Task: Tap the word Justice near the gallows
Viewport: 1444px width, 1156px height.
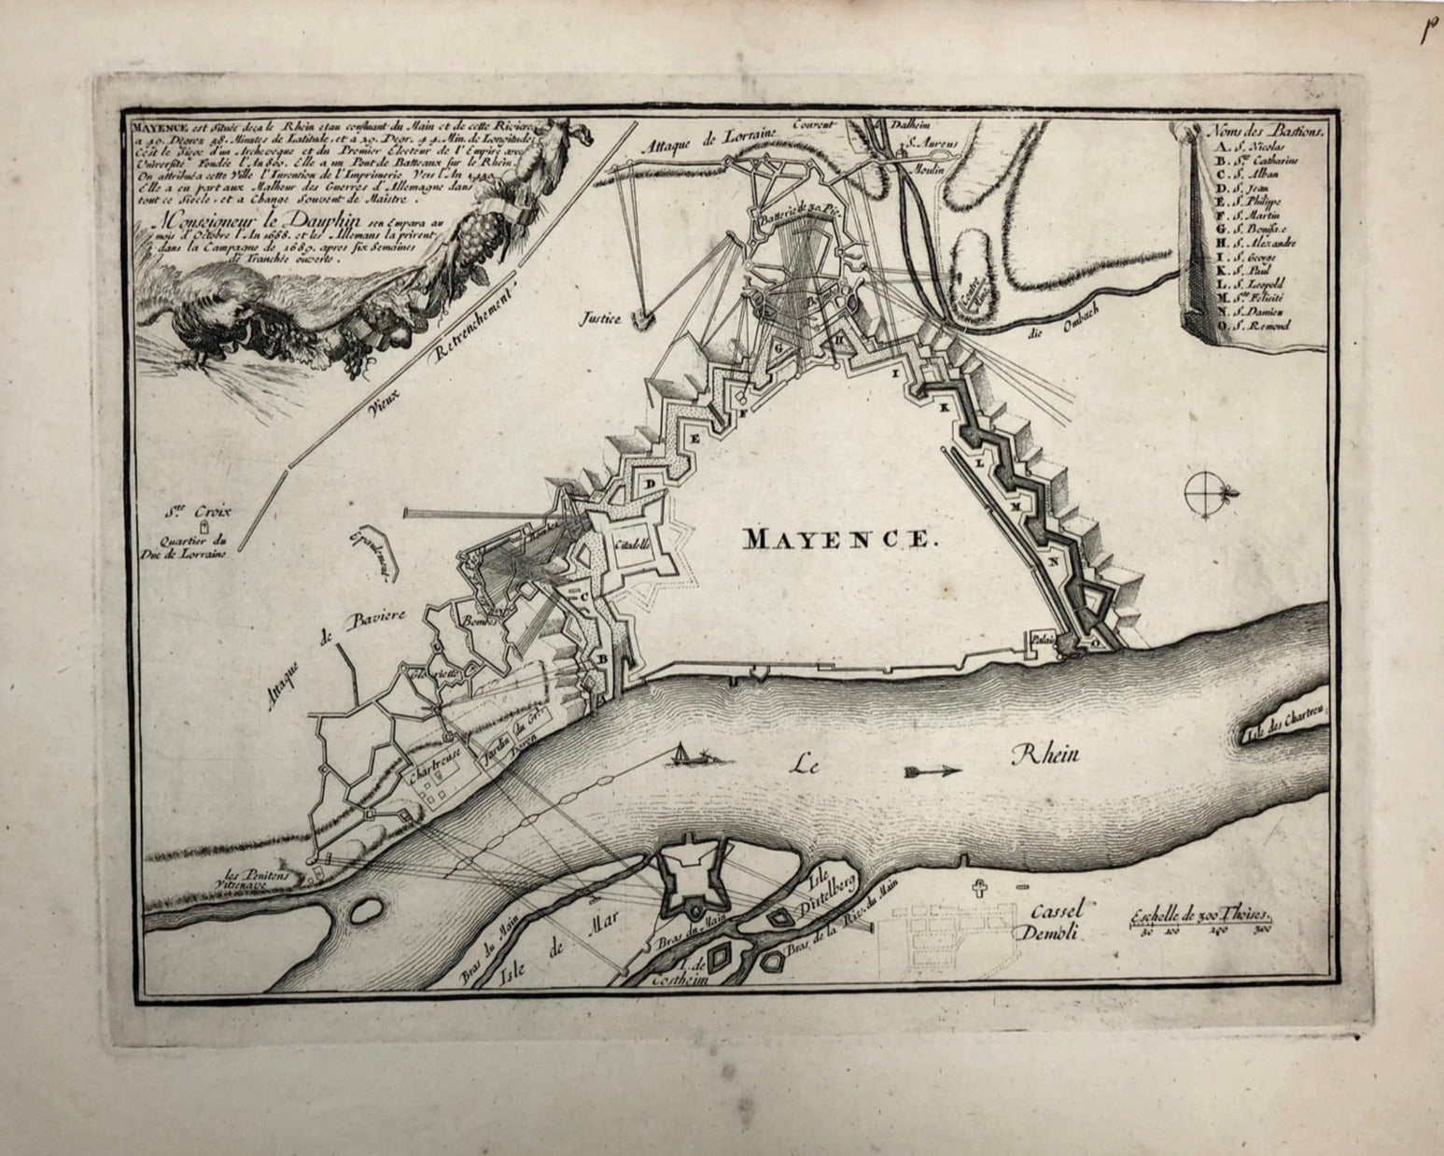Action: pyautogui.click(x=600, y=318)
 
